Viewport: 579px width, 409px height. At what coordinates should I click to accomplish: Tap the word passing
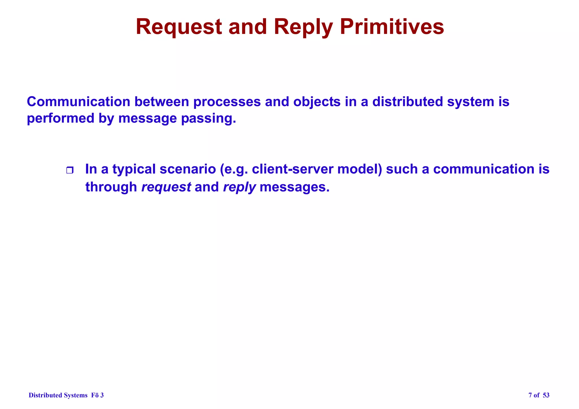click(208, 119)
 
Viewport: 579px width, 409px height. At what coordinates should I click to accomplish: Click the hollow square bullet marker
click(70, 170)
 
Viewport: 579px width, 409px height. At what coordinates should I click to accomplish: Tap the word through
click(111, 187)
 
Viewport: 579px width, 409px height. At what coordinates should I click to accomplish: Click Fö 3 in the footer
click(97, 395)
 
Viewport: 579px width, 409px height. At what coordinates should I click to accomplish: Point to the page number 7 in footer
click(530, 395)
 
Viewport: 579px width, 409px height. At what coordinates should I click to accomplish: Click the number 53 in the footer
click(546, 395)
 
